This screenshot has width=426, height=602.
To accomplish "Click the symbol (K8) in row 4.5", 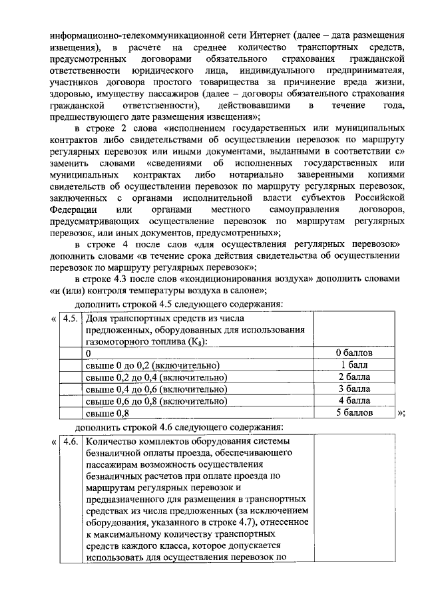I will [x=196, y=341].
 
